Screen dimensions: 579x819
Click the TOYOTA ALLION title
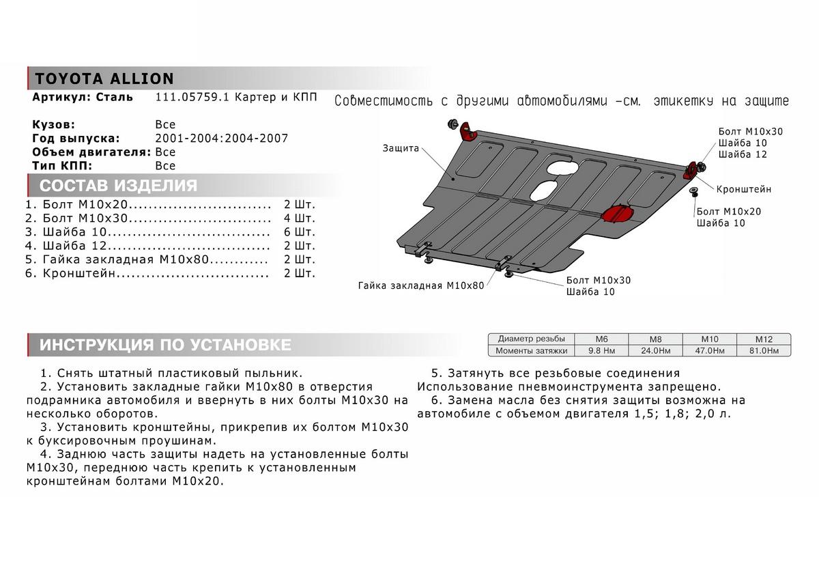pyautogui.click(x=104, y=79)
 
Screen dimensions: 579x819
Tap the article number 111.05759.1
pyautogui.click(x=193, y=98)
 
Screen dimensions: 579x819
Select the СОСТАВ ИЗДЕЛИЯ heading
pyautogui.click(x=118, y=186)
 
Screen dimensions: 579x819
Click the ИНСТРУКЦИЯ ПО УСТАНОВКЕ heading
pyautogui.click(x=164, y=345)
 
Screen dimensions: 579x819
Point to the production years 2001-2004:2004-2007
pyautogui.click(x=222, y=139)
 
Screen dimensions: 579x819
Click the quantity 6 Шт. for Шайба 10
pyautogui.click(x=300, y=231)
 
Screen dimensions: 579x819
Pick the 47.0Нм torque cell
pyautogui.click(x=709, y=351)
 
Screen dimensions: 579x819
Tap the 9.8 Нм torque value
pyautogui.click(x=602, y=351)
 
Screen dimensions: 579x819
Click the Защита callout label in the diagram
pyautogui.click(x=401, y=148)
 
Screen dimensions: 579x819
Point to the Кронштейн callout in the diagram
pyautogui.click(x=744, y=189)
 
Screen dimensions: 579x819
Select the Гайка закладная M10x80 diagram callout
pyautogui.click(x=420, y=285)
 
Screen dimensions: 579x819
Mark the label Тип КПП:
pyautogui.click(x=61, y=166)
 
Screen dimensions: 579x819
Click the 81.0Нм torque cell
pyautogui.click(x=763, y=351)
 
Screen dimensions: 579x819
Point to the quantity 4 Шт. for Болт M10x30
pyautogui.click(x=300, y=218)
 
